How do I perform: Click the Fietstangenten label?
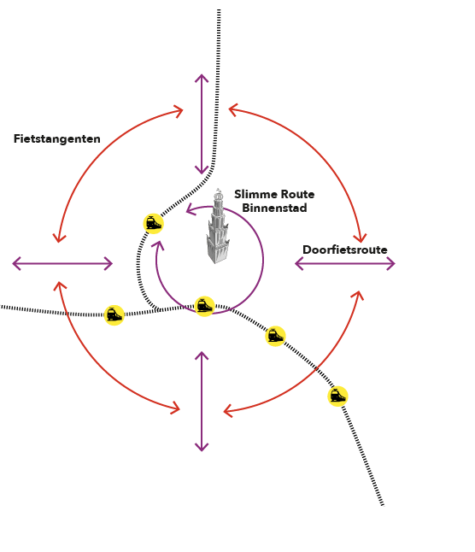[x=57, y=138]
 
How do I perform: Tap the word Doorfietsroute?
[x=345, y=250]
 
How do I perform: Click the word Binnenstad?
[x=274, y=208]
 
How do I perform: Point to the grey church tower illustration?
[x=218, y=227]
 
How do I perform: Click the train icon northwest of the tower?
[x=154, y=224]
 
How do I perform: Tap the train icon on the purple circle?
[x=204, y=306]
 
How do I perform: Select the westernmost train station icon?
[x=114, y=314]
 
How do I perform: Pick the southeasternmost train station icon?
[x=337, y=396]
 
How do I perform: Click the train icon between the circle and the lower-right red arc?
[x=275, y=336]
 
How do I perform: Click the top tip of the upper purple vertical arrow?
[x=202, y=74]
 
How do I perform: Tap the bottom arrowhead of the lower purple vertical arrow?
[x=202, y=450]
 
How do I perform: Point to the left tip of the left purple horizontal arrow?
[x=13, y=263]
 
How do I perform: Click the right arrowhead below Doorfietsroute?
[x=395, y=263]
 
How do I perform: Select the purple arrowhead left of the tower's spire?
[x=187, y=211]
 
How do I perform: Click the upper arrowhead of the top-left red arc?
[x=182, y=110]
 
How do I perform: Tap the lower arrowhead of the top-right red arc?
[x=361, y=242]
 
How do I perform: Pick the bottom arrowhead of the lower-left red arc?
[x=179, y=409]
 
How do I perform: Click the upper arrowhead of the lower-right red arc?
[x=360, y=291]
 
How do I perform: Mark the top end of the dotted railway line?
[x=219, y=10]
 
